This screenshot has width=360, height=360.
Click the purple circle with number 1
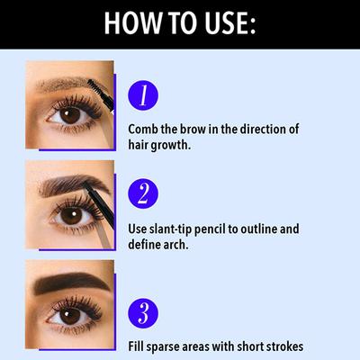(143, 95)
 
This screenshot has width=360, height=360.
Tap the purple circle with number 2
(143, 193)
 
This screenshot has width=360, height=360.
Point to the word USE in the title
(226, 22)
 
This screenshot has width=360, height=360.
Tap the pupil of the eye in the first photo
(69, 115)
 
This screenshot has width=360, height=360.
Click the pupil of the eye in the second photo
(69, 215)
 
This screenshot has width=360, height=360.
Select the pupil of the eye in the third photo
(69, 316)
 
